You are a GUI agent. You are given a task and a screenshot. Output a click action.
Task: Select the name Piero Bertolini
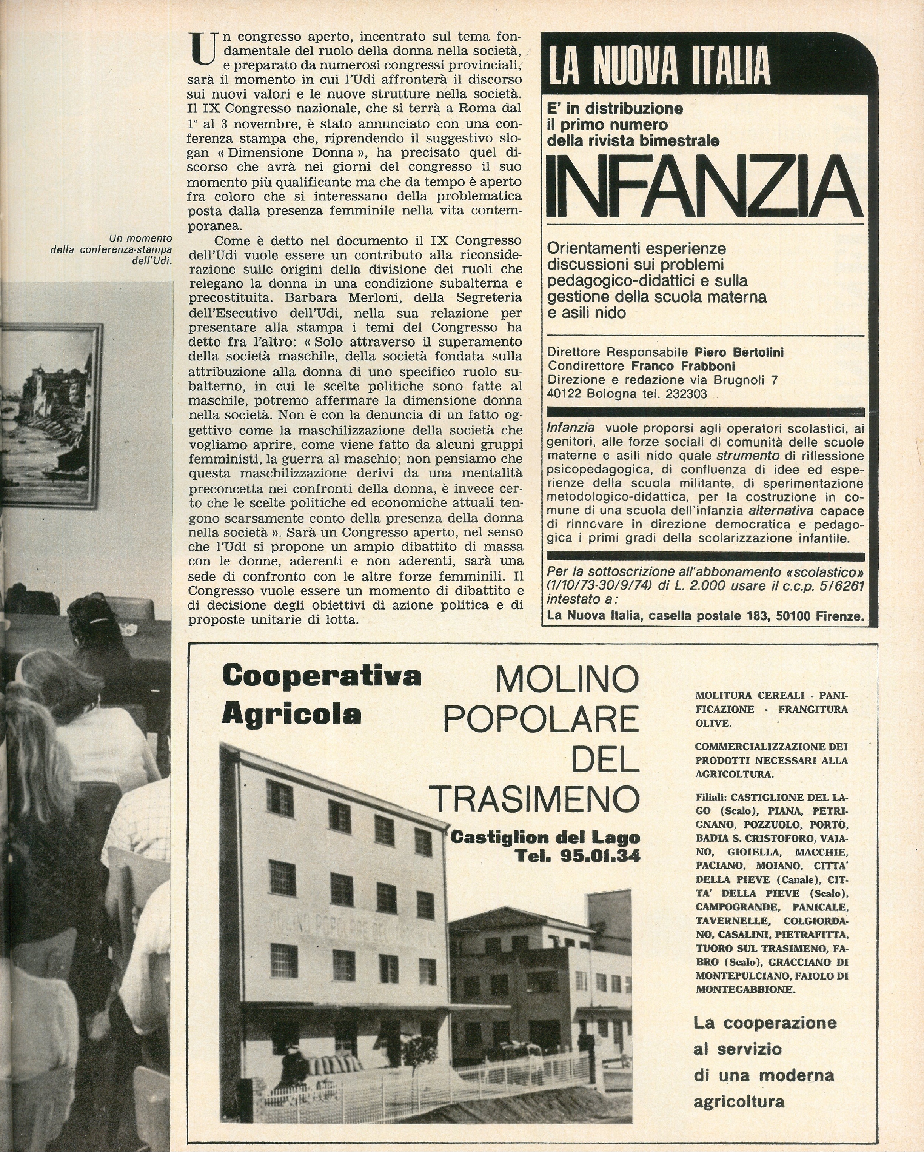click(x=739, y=352)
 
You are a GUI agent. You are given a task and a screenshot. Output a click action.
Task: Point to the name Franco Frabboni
click(x=683, y=366)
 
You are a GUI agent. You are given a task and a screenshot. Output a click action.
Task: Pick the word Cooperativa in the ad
click(x=322, y=676)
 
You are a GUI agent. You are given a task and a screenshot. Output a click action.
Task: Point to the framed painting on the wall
click(x=51, y=416)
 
